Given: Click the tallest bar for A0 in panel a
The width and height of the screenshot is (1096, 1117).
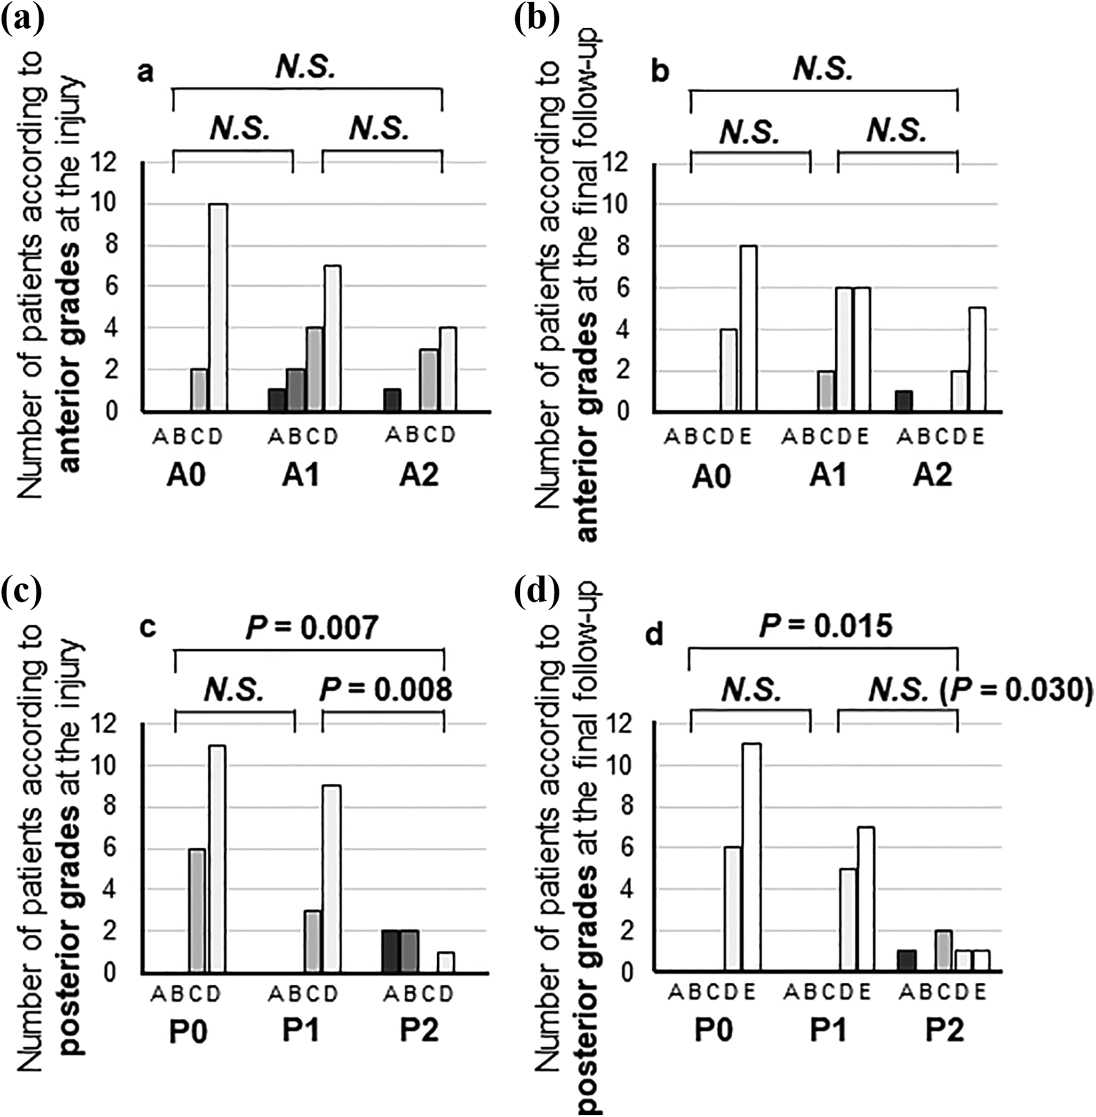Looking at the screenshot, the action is pos(218,307).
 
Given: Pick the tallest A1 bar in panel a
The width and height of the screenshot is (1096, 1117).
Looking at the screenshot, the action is pos(332,338).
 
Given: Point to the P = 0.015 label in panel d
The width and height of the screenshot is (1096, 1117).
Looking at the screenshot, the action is pos(826,625).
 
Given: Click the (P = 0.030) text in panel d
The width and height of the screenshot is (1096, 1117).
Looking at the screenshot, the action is pos(1022,691).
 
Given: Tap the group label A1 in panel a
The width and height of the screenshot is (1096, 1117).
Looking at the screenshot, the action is pos(301,476).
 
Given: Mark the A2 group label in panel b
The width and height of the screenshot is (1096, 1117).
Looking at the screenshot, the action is pos(933,476).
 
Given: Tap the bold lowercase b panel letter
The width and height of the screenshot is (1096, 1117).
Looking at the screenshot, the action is pos(660,72).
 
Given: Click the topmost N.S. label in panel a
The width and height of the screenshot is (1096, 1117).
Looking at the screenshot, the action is pos(306,67).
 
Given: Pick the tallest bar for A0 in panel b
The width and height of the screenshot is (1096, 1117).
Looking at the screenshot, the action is pos(748,328).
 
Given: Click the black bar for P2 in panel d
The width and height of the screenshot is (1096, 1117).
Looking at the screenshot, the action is pos(907,961).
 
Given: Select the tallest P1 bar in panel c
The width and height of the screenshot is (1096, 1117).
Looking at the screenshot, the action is pos(331,879).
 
